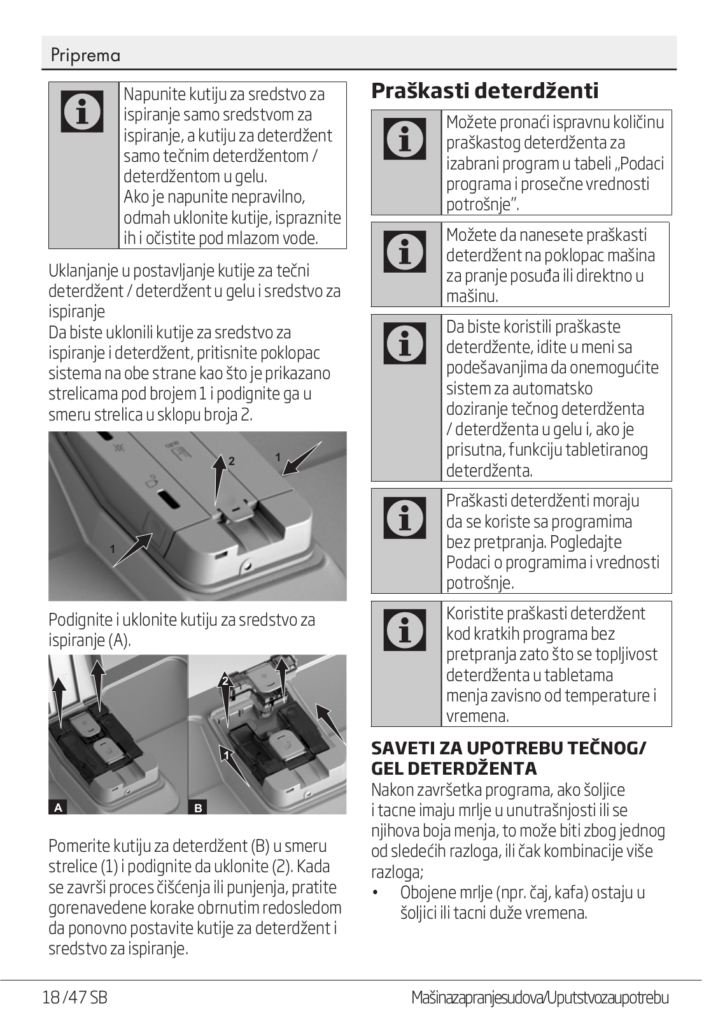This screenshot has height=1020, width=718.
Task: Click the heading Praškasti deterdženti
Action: (x=484, y=90)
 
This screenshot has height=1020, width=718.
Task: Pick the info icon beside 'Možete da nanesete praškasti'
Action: (x=405, y=250)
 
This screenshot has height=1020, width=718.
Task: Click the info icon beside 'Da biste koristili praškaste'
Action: (x=405, y=343)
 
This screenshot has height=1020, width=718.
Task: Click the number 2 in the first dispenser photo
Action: (x=232, y=461)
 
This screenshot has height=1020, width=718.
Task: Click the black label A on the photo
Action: (x=58, y=808)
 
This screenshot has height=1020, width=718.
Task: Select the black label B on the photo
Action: (x=198, y=808)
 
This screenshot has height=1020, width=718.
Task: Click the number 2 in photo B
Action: (x=225, y=681)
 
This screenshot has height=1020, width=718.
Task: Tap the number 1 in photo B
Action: (x=226, y=756)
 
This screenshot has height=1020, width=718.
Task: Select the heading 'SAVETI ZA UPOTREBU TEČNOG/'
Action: (x=508, y=748)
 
